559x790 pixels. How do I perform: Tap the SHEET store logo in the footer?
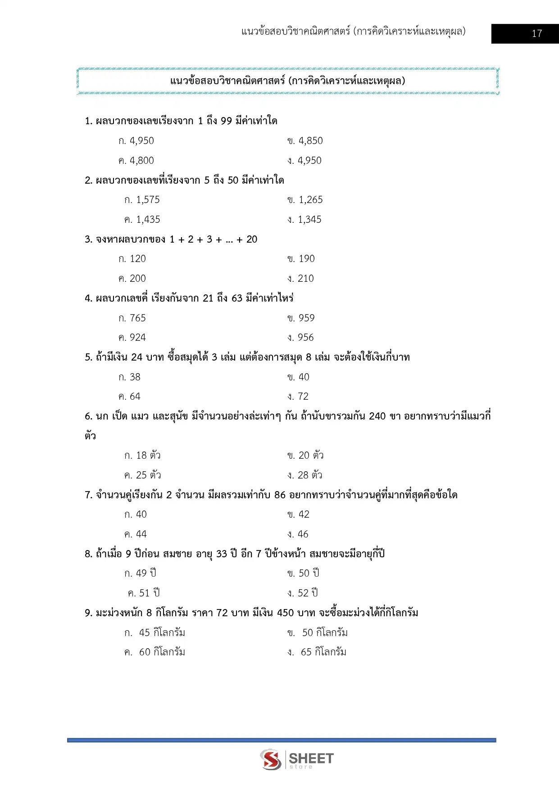point(297,759)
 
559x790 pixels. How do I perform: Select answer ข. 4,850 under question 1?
point(305,141)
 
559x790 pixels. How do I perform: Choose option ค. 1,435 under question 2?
point(142,220)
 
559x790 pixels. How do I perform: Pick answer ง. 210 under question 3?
point(300,279)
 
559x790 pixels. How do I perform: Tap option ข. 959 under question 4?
point(301,318)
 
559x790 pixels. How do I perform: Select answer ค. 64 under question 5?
point(129,397)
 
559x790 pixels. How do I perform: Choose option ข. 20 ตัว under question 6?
point(305,456)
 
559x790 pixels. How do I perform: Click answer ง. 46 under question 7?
point(298,534)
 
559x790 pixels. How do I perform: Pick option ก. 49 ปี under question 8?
point(140,573)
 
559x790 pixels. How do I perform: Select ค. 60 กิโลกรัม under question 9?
point(155,652)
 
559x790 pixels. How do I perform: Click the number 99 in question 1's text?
point(226,121)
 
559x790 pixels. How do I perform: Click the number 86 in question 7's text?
point(280,495)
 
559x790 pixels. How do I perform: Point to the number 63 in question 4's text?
point(237,298)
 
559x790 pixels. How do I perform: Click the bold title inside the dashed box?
point(287,81)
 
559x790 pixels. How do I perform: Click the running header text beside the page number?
point(353,32)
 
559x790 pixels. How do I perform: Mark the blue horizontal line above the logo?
point(282,740)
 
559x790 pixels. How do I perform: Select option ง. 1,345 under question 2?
point(304,220)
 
